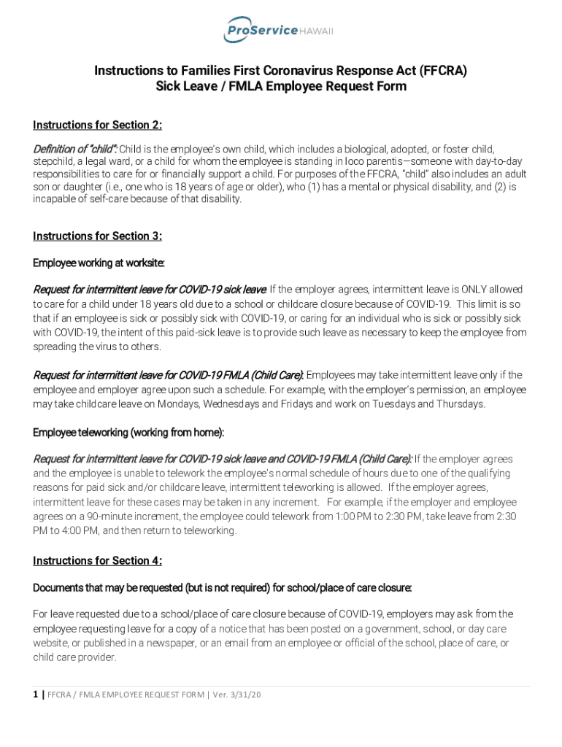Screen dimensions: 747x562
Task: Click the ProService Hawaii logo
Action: coord(278,30)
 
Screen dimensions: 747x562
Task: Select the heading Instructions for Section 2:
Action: coord(97,125)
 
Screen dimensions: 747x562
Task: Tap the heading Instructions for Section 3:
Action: coord(97,236)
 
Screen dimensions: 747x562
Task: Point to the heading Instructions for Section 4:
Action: coord(97,560)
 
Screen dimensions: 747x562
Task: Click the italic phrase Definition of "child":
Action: coord(75,149)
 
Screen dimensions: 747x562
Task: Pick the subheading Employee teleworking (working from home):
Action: coord(128,433)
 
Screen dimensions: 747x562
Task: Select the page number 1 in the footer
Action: coord(36,694)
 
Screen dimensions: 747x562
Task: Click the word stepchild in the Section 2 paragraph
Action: coord(55,160)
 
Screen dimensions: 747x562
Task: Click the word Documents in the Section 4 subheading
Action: coord(60,587)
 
